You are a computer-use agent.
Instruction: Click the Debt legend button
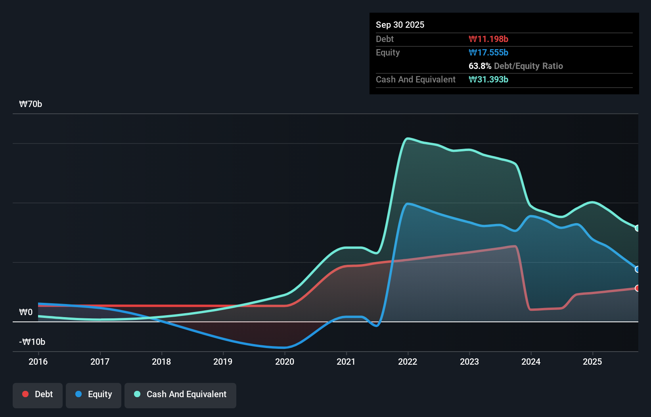pos(38,394)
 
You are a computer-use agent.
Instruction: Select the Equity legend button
pos(94,394)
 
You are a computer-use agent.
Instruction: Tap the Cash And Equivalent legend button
pos(180,394)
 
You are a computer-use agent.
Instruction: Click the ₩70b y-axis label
pos(31,104)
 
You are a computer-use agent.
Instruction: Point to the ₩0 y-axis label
pos(26,312)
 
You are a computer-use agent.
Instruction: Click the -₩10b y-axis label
pos(32,342)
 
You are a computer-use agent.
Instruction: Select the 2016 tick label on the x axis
pos(38,362)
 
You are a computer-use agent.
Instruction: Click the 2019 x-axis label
pos(223,362)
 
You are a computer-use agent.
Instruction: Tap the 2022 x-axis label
pos(408,362)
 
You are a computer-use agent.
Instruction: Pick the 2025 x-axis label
pos(592,362)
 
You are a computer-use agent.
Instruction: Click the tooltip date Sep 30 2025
pos(400,25)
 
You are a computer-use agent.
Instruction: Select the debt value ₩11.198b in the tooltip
pos(488,39)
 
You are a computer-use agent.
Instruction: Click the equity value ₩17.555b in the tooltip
pos(488,52)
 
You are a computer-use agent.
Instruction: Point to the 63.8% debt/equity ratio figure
pos(480,66)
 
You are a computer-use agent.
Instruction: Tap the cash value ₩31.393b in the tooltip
pos(488,79)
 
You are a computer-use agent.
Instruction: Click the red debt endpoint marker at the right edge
pos(637,288)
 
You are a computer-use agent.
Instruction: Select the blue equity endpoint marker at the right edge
pos(637,269)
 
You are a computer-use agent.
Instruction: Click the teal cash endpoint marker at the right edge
pos(637,228)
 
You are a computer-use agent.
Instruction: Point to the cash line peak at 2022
pos(408,138)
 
